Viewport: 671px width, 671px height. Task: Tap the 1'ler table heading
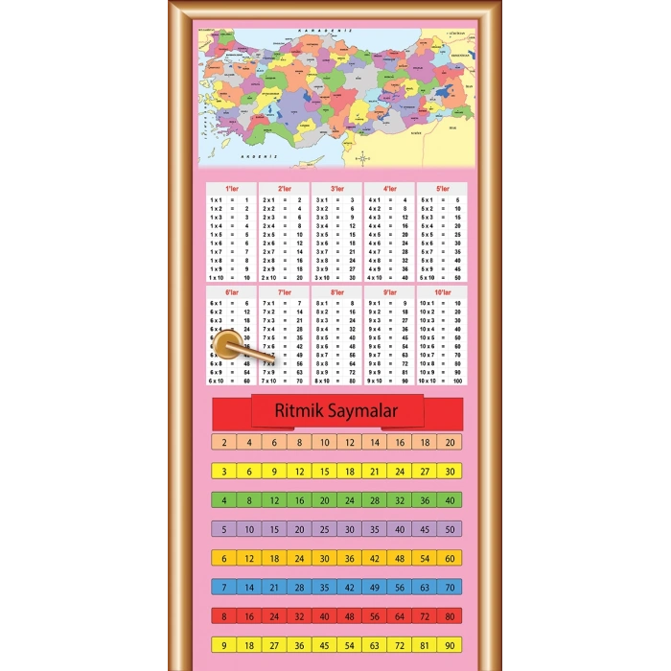pyautogui.click(x=230, y=189)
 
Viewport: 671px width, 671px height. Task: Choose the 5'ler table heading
pyautogui.click(x=442, y=189)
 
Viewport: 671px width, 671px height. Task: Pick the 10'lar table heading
pyautogui.click(x=442, y=292)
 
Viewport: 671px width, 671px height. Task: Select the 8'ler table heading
pyautogui.click(x=336, y=292)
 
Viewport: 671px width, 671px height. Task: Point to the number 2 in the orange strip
pyautogui.click(x=223, y=442)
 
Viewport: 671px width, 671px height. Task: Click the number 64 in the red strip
pyautogui.click(x=400, y=615)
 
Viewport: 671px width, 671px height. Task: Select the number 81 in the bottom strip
pyautogui.click(x=425, y=645)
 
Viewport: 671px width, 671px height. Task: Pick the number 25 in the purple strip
pyautogui.click(x=299, y=529)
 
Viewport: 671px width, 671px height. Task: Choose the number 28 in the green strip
pyautogui.click(x=375, y=500)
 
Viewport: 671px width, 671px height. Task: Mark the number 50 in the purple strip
pyautogui.click(x=450, y=529)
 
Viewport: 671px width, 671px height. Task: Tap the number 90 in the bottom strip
pyautogui.click(x=450, y=645)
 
